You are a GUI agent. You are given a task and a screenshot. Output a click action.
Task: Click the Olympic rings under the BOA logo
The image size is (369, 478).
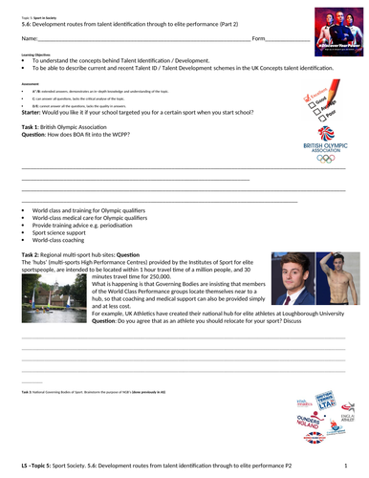coord(326,159)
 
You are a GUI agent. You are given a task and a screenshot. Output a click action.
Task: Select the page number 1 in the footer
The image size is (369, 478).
coord(348,464)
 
